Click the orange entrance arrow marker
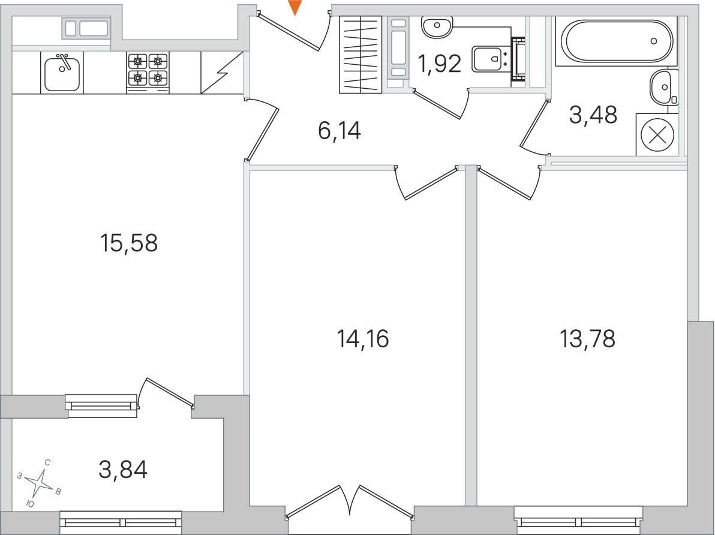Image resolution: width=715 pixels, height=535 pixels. click(x=296, y=8)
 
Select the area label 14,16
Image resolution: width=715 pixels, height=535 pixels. click(x=362, y=339)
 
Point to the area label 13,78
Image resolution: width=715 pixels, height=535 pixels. click(x=587, y=339)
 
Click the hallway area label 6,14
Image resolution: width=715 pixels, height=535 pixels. click(x=340, y=131)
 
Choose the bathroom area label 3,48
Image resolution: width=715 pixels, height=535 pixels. click(x=593, y=115)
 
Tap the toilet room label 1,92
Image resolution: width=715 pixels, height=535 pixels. click(x=440, y=64)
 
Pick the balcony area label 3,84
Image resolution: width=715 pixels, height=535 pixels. click(x=123, y=470)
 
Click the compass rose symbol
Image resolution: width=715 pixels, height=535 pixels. click(x=40, y=483)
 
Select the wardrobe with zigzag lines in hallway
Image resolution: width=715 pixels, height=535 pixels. click(x=360, y=54)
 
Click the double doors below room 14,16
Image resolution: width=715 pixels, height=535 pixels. click(x=350, y=502)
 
